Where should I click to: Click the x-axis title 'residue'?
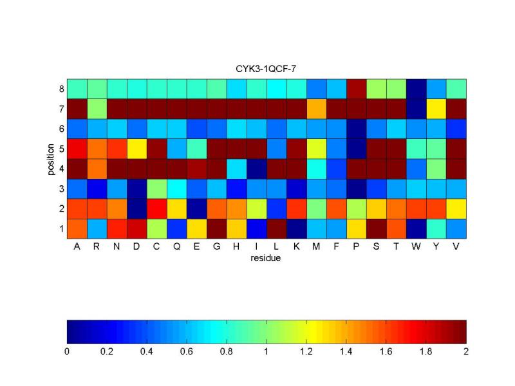[x=266, y=259]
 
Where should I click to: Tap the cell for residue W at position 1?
[x=416, y=228]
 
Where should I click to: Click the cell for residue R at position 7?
[x=97, y=108]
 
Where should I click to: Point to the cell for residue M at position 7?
[x=316, y=108]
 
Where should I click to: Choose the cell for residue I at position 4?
[x=256, y=168]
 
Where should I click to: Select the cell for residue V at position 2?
[x=456, y=208]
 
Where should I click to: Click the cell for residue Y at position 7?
[x=436, y=108]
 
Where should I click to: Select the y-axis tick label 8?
[x=61, y=89]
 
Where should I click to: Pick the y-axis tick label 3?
[x=61, y=188]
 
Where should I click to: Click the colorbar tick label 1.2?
[x=306, y=352]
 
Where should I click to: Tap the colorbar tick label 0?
[x=67, y=352]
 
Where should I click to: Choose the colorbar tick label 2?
[x=465, y=352]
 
